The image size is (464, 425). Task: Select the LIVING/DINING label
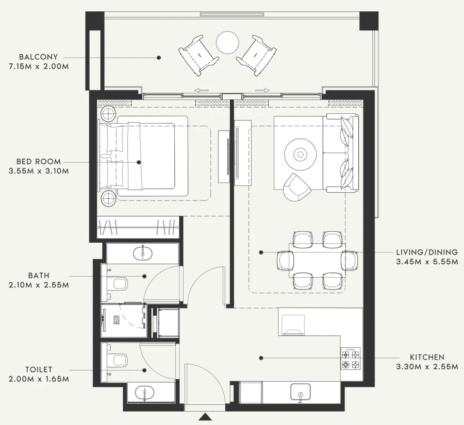click(x=426, y=252)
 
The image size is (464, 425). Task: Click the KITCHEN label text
click(x=427, y=357)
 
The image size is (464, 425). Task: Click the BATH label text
click(x=40, y=276)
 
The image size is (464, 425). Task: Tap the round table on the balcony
click(x=227, y=43)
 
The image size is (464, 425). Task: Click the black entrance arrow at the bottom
click(x=205, y=417)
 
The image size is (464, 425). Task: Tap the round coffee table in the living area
click(x=300, y=154)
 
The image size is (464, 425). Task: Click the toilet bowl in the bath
click(x=119, y=283)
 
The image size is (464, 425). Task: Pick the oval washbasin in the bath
click(x=142, y=253)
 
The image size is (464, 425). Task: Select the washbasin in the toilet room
click(x=144, y=394)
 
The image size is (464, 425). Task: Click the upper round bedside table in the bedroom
click(x=109, y=114)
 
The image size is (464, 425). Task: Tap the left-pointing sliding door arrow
click(x=201, y=90)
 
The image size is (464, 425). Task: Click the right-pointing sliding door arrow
click(x=262, y=90)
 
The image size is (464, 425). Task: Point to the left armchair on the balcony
click(x=198, y=53)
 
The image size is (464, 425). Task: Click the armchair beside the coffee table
click(x=297, y=187)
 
